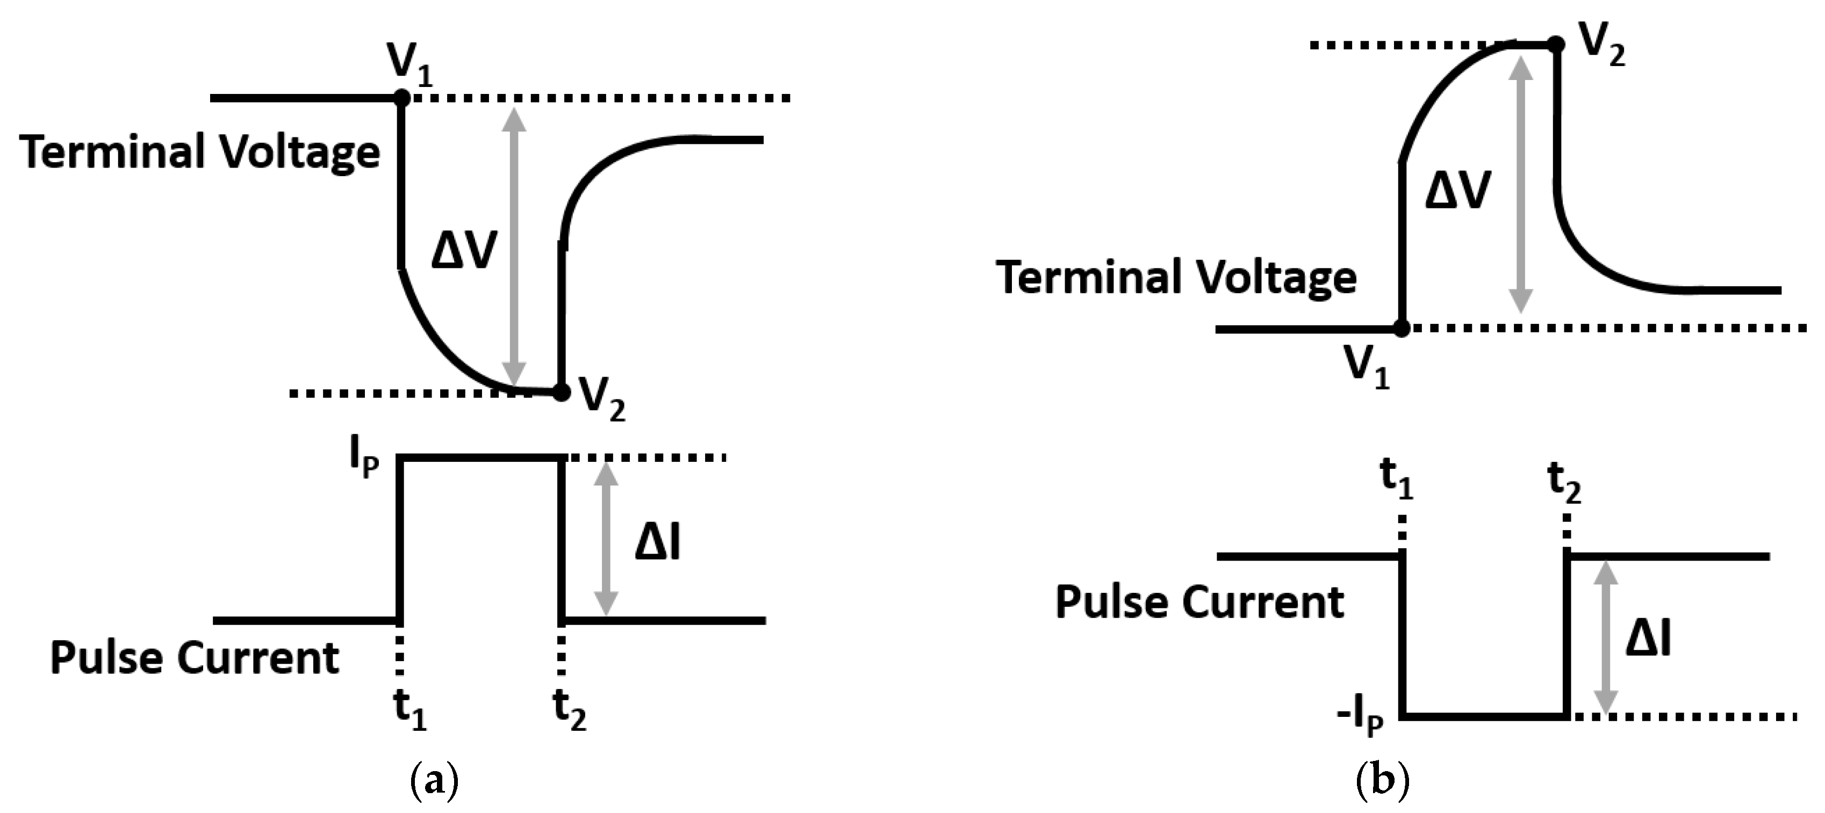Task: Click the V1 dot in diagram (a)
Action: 401,98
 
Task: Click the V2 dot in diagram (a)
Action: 561,391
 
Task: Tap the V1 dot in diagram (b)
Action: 1402,328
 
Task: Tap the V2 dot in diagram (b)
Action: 1555,45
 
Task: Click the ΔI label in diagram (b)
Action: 1648,640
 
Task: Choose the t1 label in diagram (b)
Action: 1396,480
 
